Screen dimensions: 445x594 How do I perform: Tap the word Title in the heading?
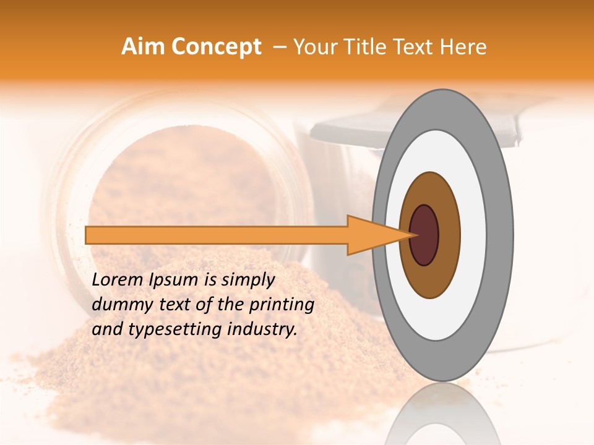[373, 47]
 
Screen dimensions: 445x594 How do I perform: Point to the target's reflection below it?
[442, 417]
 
